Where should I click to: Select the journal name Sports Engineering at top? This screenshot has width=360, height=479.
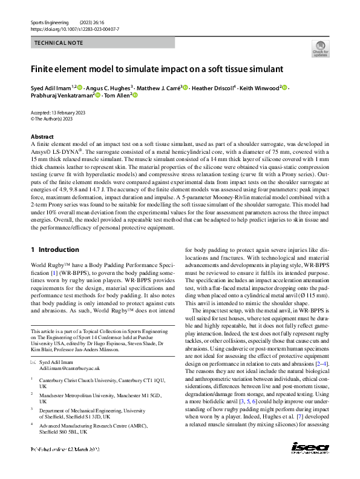pos(51,22)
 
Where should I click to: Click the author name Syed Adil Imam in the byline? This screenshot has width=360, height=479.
pos(53,88)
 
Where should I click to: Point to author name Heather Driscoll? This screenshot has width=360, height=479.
pos(212,88)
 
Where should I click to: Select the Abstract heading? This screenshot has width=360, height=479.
pos(42,137)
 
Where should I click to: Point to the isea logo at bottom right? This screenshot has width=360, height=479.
pos(310,465)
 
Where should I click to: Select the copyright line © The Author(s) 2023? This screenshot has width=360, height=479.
pos(51,119)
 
